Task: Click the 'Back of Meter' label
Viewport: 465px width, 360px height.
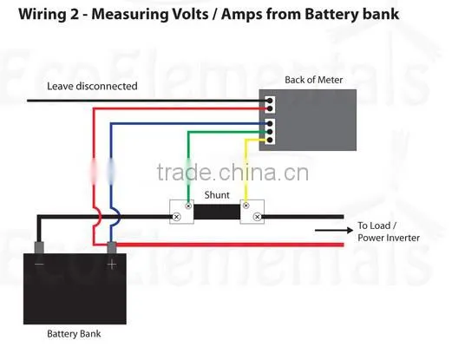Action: click(x=313, y=80)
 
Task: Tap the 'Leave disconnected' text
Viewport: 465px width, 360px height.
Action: click(x=92, y=86)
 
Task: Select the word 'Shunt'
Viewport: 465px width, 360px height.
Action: click(x=217, y=195)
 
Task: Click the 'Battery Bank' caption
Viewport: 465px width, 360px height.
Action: click(x=74, y=334)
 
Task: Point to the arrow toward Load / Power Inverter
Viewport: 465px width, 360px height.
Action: click(x=334, y=230)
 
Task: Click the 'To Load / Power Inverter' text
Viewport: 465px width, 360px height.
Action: click(x=389, y=232)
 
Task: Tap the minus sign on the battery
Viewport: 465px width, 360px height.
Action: click(x=39, y=264)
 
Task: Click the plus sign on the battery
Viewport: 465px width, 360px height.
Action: click(x=112, y=264)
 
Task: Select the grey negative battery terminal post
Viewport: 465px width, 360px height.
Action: click(x=39, y=247)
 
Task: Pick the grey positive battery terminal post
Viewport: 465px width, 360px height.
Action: click(x=112, y=247)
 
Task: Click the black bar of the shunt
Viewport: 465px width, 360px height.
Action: click(x=217, y=212)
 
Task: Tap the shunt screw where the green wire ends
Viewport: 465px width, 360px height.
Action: click(x=188, y=206)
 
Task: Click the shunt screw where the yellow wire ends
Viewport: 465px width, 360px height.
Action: click(x=246, y=206)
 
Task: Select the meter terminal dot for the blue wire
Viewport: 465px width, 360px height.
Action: click(x=270, y=124)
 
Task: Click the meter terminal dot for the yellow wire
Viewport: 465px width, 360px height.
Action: click(x=270, y=140)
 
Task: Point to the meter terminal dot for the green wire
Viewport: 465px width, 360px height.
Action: click(x=270, y=132)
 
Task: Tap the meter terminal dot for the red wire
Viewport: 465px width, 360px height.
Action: click(x=270, y=108)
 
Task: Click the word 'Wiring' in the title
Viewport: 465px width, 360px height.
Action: click(x=43, y=14)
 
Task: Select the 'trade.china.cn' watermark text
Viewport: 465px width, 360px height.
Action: click(x=232, y=173)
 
